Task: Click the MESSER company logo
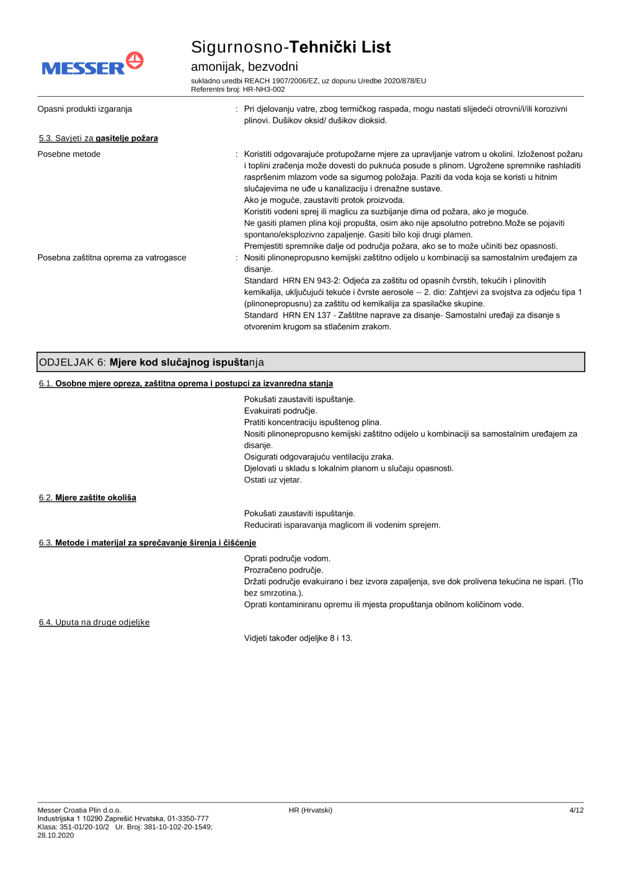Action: (x=92, y=64)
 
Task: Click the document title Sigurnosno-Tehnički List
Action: (x=290, y=47)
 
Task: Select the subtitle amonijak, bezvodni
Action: (x=244, y=66)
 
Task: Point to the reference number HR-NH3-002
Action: (x=263, y=89)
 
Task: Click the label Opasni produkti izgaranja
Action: (x=84, y=109)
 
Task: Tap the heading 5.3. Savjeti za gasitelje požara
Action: (x=98, y=138)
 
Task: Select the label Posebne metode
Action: (x=69, y=154)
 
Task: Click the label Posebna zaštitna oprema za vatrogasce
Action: (x=112, y=258)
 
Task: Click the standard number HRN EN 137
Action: (x=306, y=316)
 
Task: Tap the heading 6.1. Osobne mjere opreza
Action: (x=185, y=384)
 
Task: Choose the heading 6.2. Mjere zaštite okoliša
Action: (x=87, y=498)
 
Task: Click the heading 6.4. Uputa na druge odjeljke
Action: (x=94, y=623)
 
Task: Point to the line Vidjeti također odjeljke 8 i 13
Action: (x=298, y=638)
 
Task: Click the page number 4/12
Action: (x=576, y=811)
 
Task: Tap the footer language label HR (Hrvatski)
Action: (x=310, y=811)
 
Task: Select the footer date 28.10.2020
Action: (x=55, y=835)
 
